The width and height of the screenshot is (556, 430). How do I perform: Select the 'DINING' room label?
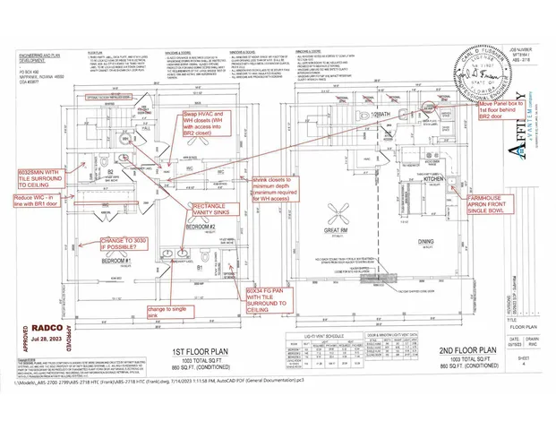coord(427,240)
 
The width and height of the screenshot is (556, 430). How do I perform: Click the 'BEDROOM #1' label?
coord(117,260)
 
